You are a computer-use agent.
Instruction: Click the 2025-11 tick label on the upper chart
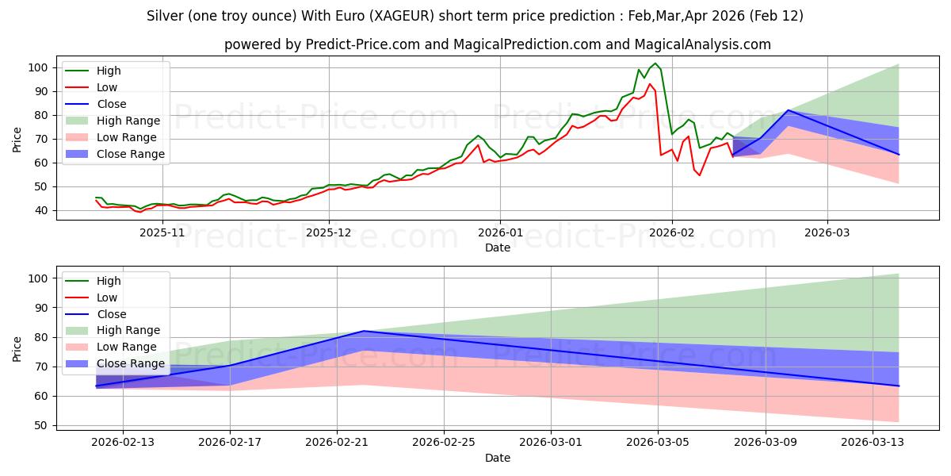pos(162,232)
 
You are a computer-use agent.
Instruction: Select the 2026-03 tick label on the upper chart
pos(827,232)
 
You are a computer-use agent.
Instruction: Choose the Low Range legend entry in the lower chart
pos(128,347)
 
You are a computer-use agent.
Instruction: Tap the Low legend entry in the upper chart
pos(107,87)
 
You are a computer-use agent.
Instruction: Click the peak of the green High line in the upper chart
pos(655,63)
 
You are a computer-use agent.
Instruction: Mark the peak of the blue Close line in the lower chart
pos(364,331)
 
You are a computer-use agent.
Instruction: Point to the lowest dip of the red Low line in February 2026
pos(699,175)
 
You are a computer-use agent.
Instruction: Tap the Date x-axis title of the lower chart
pos(497,458)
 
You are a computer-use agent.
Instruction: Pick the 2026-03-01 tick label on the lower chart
pos(551,442)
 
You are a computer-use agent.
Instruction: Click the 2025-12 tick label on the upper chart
pos(329,232)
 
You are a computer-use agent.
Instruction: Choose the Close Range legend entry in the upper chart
pos(130,154)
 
